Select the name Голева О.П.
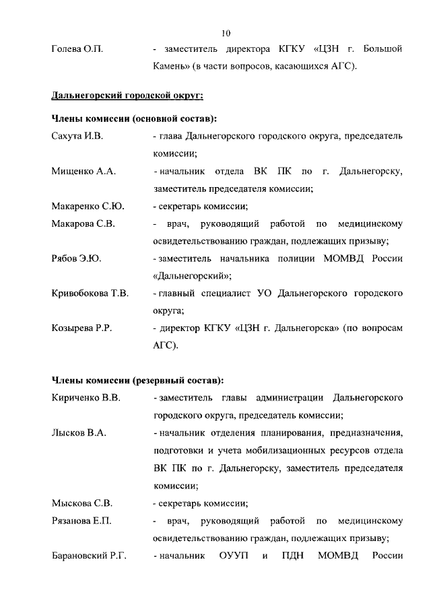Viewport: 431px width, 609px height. pyautogui.click(x=77, y=50)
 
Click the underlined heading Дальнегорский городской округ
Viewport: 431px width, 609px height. pyautogui.click(x=113, y=93)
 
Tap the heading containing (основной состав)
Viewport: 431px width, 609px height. pyautogui.click(x=134, y=118)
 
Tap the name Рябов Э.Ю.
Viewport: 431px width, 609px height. pyautogui.click(x=76, y=258)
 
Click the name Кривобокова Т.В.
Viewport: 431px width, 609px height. pyautogui.click(x=90, y=293)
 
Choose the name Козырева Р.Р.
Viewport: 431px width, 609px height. pyautogui.click(x=81, y=328)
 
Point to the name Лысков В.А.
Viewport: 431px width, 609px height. pyautogui.click(x=79, y=433)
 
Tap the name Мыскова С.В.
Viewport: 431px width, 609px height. pyautogui.click(x=81, y=503)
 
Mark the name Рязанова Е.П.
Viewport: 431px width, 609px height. pyautogui.click(x=81, y=520)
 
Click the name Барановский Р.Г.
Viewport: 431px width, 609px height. pyautogui.click(x=89, y=555)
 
